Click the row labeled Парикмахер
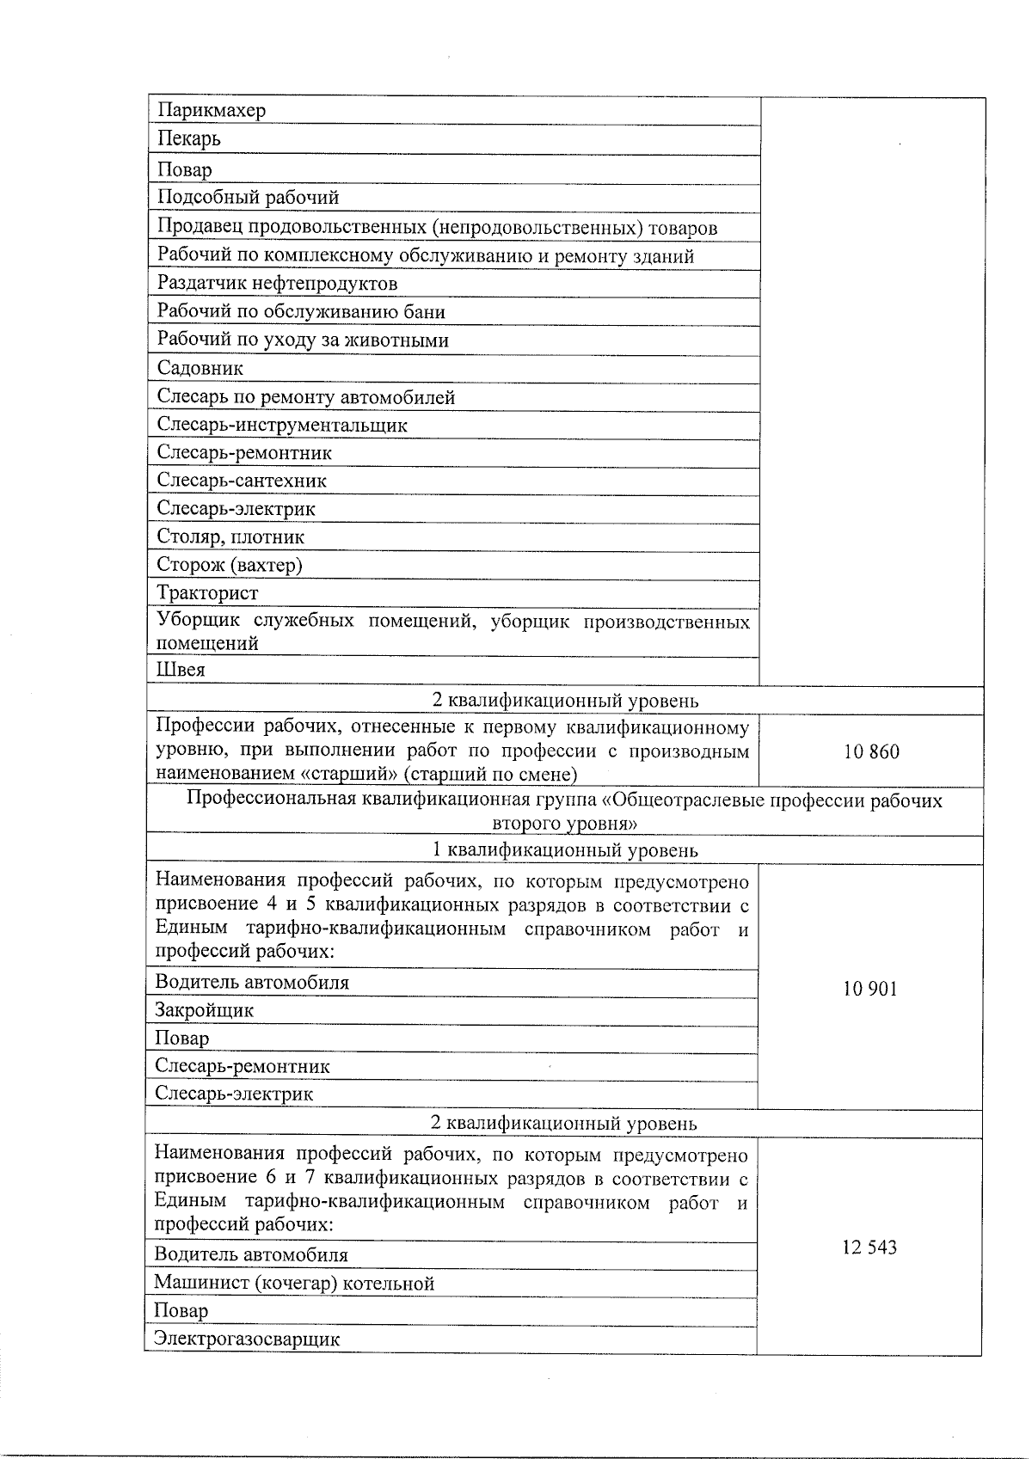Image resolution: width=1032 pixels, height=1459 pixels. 212,110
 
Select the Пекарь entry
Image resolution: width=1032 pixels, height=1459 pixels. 189,138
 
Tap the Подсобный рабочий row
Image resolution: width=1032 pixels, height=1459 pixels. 248,198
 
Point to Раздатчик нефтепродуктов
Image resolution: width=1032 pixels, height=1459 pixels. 277,284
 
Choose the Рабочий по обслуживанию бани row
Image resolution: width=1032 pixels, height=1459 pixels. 301,312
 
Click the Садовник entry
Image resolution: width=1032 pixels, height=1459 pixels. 200,368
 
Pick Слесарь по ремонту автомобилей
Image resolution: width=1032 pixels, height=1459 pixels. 305,397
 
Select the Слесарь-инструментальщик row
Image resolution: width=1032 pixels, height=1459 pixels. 282,425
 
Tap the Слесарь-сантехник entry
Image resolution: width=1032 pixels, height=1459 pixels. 242,481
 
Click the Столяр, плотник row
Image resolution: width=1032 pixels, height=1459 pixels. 230,537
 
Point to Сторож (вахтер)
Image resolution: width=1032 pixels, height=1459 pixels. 230,565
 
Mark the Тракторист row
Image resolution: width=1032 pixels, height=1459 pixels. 207,593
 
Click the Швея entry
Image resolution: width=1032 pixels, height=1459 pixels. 181,670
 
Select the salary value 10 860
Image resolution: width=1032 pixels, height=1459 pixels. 871,752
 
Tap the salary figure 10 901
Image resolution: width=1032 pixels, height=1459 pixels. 870,989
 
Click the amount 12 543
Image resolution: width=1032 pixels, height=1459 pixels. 869,1248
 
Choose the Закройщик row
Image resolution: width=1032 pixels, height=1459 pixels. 205,1010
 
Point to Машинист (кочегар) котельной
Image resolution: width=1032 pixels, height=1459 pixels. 294,1284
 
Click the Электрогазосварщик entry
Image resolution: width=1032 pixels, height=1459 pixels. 247,1339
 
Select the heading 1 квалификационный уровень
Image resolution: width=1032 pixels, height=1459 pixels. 564,850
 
